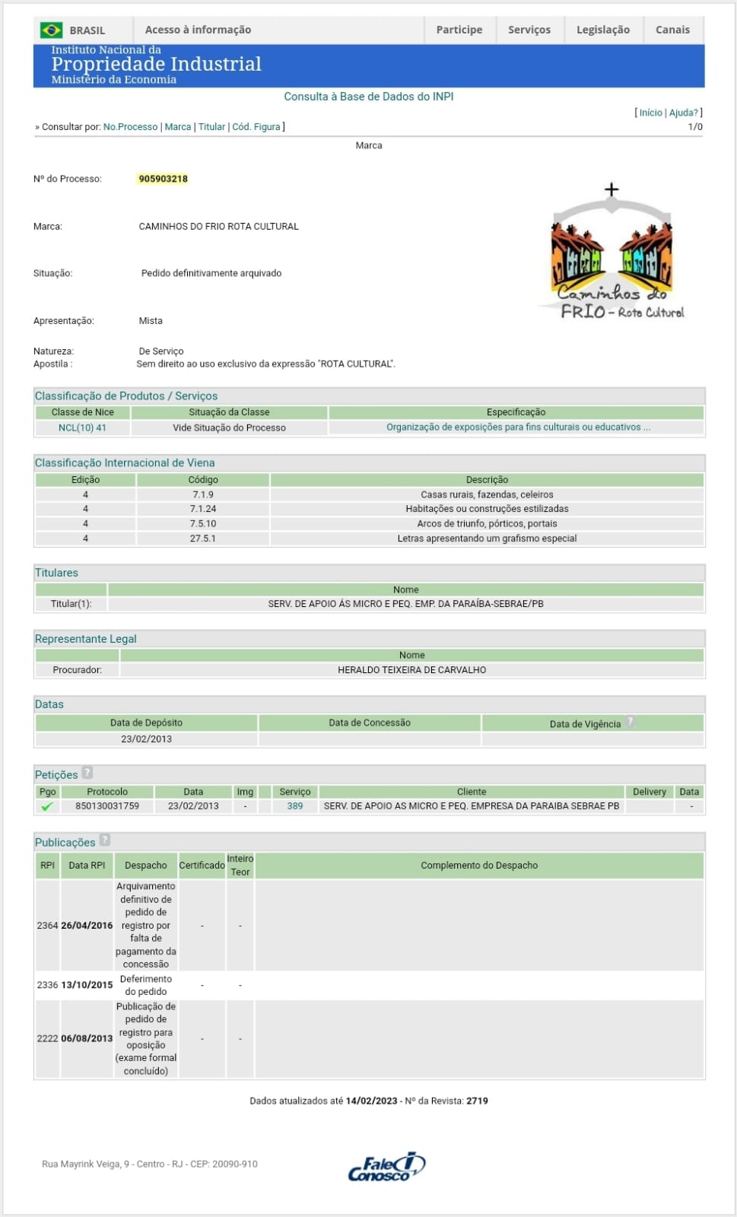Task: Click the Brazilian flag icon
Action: [52, 30]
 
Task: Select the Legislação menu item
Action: [602, 30]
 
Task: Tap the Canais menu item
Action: [672, 30]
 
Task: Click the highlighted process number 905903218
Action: [163, 179]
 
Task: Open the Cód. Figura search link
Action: [256, 127]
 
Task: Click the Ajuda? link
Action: [683, 113]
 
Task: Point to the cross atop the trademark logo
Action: [612, 189]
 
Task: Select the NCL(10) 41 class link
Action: [82, 427]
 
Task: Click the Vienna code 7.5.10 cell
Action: [203, 523]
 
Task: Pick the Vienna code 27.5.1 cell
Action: [203, 538]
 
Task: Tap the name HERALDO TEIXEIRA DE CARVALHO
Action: [411, 669]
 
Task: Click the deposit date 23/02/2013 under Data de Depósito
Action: [146, 739]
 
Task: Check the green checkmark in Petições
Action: [47, 806]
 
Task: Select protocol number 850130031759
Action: [107, 806]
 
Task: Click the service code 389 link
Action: [295, 806]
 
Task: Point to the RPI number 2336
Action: [47, 984]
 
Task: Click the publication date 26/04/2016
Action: [87, 925]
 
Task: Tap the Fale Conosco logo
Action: [386, 1166]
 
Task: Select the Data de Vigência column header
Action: [585, 723]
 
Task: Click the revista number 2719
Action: [477, 1101]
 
